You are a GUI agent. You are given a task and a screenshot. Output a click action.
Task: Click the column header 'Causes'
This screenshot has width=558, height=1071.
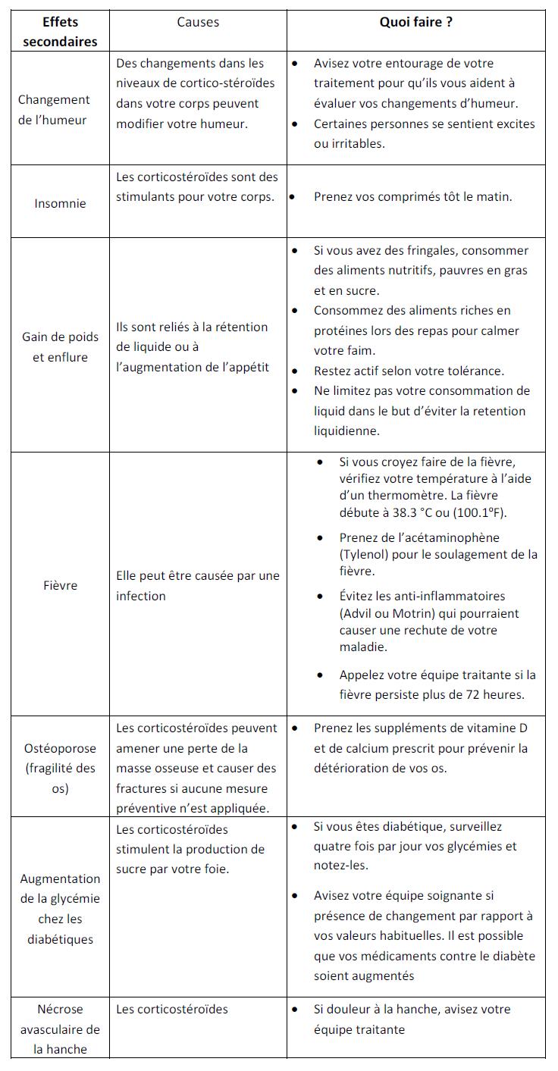[x=198, y=23]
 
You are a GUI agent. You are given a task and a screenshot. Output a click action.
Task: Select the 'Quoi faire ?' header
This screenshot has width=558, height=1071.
[x=415, y=23]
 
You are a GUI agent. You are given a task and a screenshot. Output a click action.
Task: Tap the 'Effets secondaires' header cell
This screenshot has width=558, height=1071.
[x=60, y=32]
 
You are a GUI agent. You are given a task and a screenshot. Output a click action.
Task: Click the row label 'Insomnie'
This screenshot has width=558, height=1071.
[x=60, y=203]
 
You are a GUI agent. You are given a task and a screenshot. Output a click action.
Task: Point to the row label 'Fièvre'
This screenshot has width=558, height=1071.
[x=60, y=585]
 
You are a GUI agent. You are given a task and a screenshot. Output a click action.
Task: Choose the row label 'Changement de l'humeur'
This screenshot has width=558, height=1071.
[x=54, y=110]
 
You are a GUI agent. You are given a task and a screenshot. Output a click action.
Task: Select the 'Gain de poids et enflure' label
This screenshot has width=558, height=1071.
[x=60, y=347]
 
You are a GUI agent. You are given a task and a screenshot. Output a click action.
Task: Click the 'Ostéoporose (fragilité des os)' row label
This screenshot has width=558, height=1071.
[x=60, y=768]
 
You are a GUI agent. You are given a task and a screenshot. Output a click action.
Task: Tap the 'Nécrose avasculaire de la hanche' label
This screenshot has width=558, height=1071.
[x=60, y=1029]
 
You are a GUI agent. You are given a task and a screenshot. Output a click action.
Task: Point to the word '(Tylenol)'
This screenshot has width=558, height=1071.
[x=365, y=554]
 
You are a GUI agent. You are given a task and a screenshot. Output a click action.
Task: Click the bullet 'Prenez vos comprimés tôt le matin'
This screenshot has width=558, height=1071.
[x=412, y=197]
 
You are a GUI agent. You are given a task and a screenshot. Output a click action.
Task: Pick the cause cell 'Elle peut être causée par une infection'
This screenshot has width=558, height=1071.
[x=197, y=586]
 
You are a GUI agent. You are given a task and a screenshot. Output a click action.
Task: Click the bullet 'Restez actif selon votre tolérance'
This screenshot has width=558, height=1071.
[x=409, y=371]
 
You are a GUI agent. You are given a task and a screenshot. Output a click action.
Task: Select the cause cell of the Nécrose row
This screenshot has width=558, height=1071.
[x=172, y=1010]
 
